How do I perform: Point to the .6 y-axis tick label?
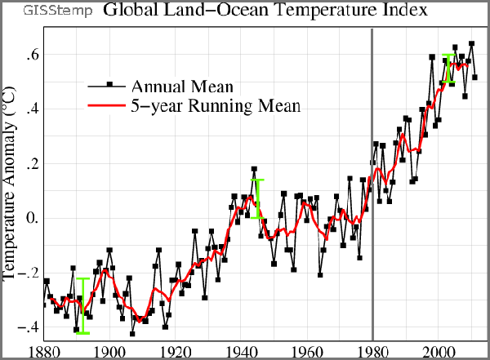(x=26, y=55)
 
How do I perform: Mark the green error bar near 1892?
(x=82, y=305)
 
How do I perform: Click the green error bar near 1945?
(x=257, y=198)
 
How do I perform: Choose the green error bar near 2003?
(x=448, y=68)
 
